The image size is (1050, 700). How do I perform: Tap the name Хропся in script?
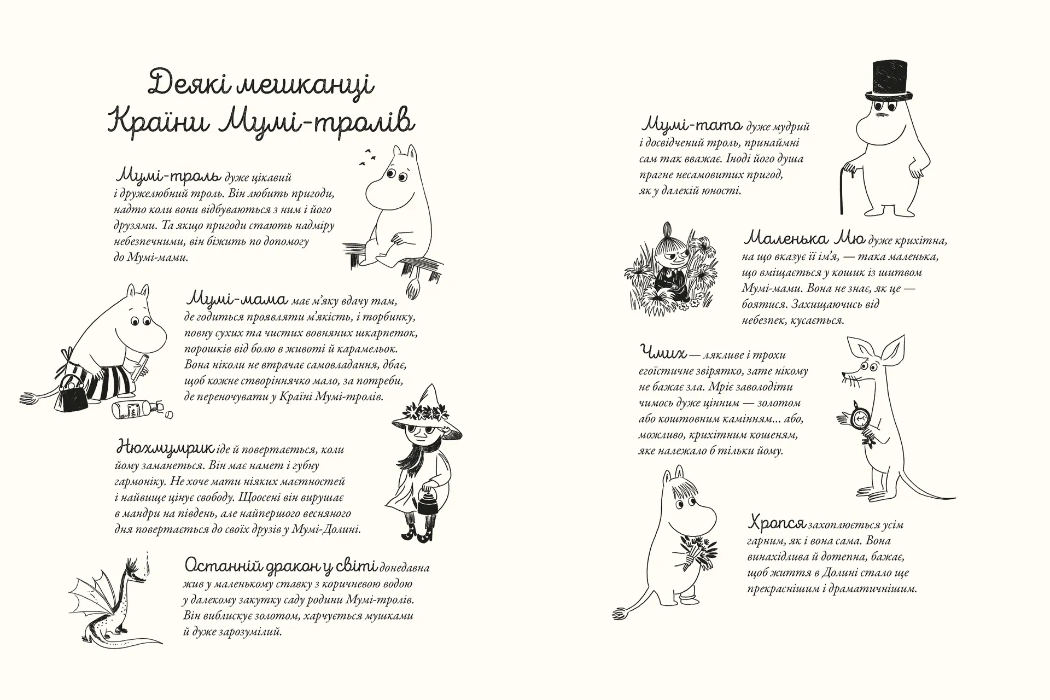[x=776, y=523]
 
